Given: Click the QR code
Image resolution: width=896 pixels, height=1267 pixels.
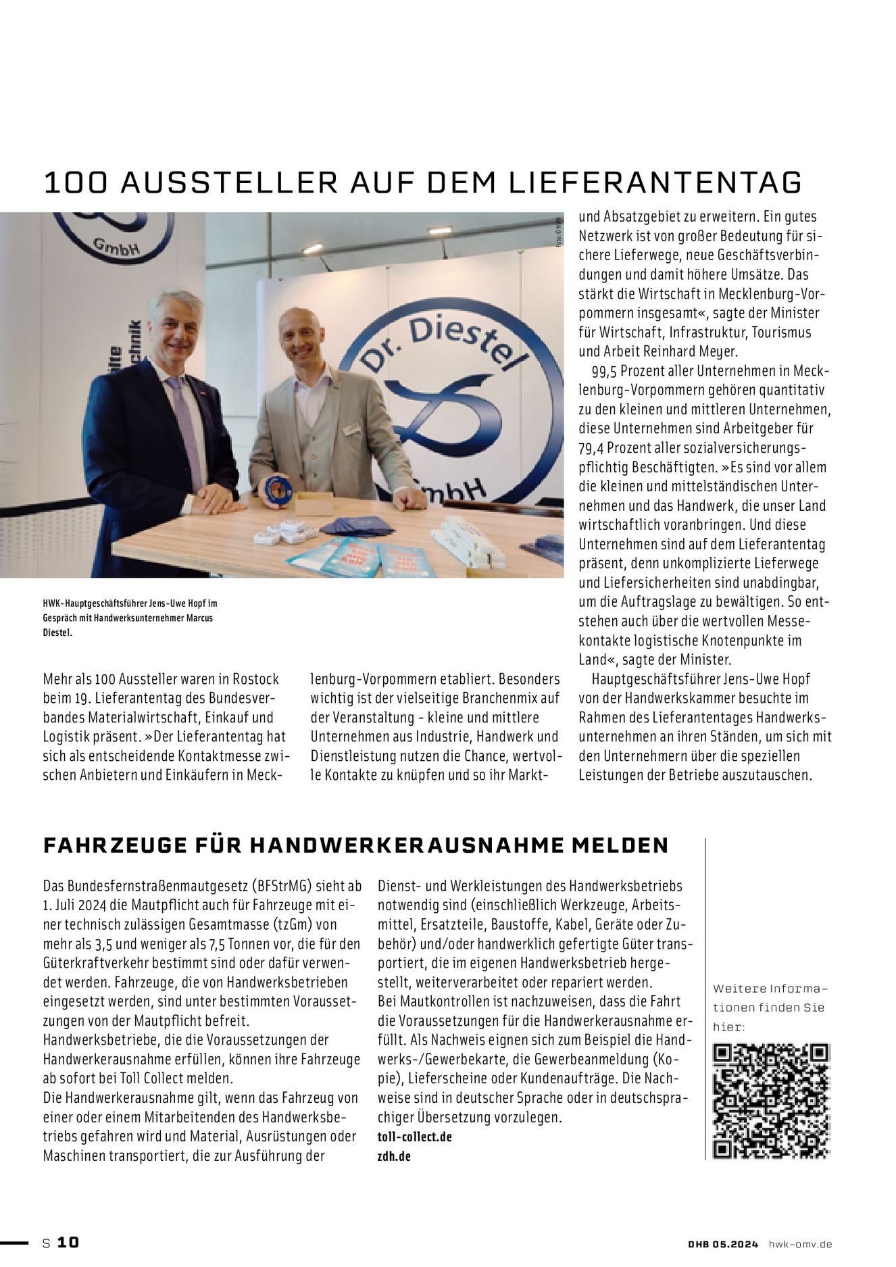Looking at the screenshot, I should tap(771, 1101).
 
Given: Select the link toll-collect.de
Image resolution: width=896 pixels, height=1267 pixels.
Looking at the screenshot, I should tap(414, 1137).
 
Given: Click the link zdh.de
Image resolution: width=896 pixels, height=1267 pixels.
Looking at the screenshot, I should tap(394, 1156).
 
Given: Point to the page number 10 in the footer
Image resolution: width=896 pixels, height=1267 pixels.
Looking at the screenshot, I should tap(68, 1243).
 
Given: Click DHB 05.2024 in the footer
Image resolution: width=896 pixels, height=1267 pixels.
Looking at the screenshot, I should tap(723, 1244).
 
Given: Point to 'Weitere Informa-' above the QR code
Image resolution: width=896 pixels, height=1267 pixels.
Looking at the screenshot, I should tap(770, 989).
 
